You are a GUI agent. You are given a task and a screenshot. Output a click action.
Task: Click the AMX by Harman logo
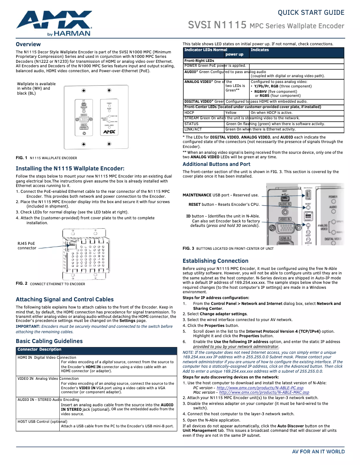54,24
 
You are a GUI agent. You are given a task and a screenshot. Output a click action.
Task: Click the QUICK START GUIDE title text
311,13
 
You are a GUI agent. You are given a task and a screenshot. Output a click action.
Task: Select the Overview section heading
28,44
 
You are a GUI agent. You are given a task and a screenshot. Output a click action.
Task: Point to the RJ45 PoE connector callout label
27,246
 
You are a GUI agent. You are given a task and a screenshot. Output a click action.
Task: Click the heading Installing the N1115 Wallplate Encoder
70,169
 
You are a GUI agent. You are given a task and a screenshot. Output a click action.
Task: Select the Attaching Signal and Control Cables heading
65,299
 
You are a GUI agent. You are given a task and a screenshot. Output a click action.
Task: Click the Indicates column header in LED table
260,50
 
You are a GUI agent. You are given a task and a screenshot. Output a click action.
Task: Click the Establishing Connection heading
215,261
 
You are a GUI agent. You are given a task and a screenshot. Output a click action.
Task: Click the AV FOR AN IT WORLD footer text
318,451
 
